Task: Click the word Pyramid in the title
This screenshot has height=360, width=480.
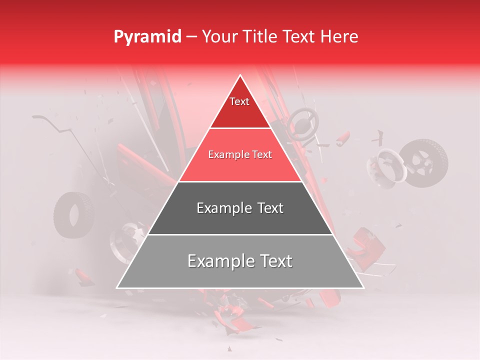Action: click(x=147, y=37)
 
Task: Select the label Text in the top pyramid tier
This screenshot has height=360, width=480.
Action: click(x=239, y=101)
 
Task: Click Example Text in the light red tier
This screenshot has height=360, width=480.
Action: click(x=240, y=155)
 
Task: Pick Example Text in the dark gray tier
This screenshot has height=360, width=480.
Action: click(x=240, y=208)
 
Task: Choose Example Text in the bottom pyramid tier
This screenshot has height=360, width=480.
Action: click(x=240, y=261)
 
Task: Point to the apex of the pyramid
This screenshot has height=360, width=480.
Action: click(x=240, y=76)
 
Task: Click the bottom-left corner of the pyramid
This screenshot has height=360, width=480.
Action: click(x=117, y=288)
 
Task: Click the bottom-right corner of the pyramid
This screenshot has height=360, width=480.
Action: click(x=363, y=288)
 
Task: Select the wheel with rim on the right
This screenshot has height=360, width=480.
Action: click(x=423, y=163)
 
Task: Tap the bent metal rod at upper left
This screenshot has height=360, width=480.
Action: click(x=55, y=125)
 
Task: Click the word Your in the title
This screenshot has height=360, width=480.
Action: click(x=218, y=36)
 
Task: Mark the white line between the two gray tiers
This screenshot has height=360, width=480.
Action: click(x=240, y=234)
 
